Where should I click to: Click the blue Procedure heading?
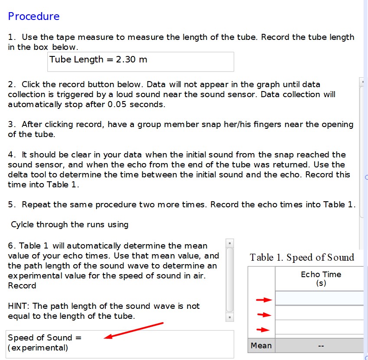point(34,16)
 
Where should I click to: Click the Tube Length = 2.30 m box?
point(140,61)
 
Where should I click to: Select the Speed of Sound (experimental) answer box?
point(120,343)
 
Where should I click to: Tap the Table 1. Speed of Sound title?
point(302,258)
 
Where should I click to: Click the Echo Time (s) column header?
point(321,278)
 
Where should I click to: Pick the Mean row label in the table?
point(261,346)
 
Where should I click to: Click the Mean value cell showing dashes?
point(321,346)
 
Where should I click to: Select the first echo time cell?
point(320,298)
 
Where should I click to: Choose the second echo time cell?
point(320,313)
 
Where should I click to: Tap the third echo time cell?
point(320,327)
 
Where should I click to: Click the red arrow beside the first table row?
point(263,299)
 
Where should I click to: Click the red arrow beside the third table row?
point(263,330)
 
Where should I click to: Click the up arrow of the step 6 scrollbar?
point(230,243)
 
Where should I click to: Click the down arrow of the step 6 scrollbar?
point(230,317)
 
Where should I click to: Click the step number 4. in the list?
point(12,155)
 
